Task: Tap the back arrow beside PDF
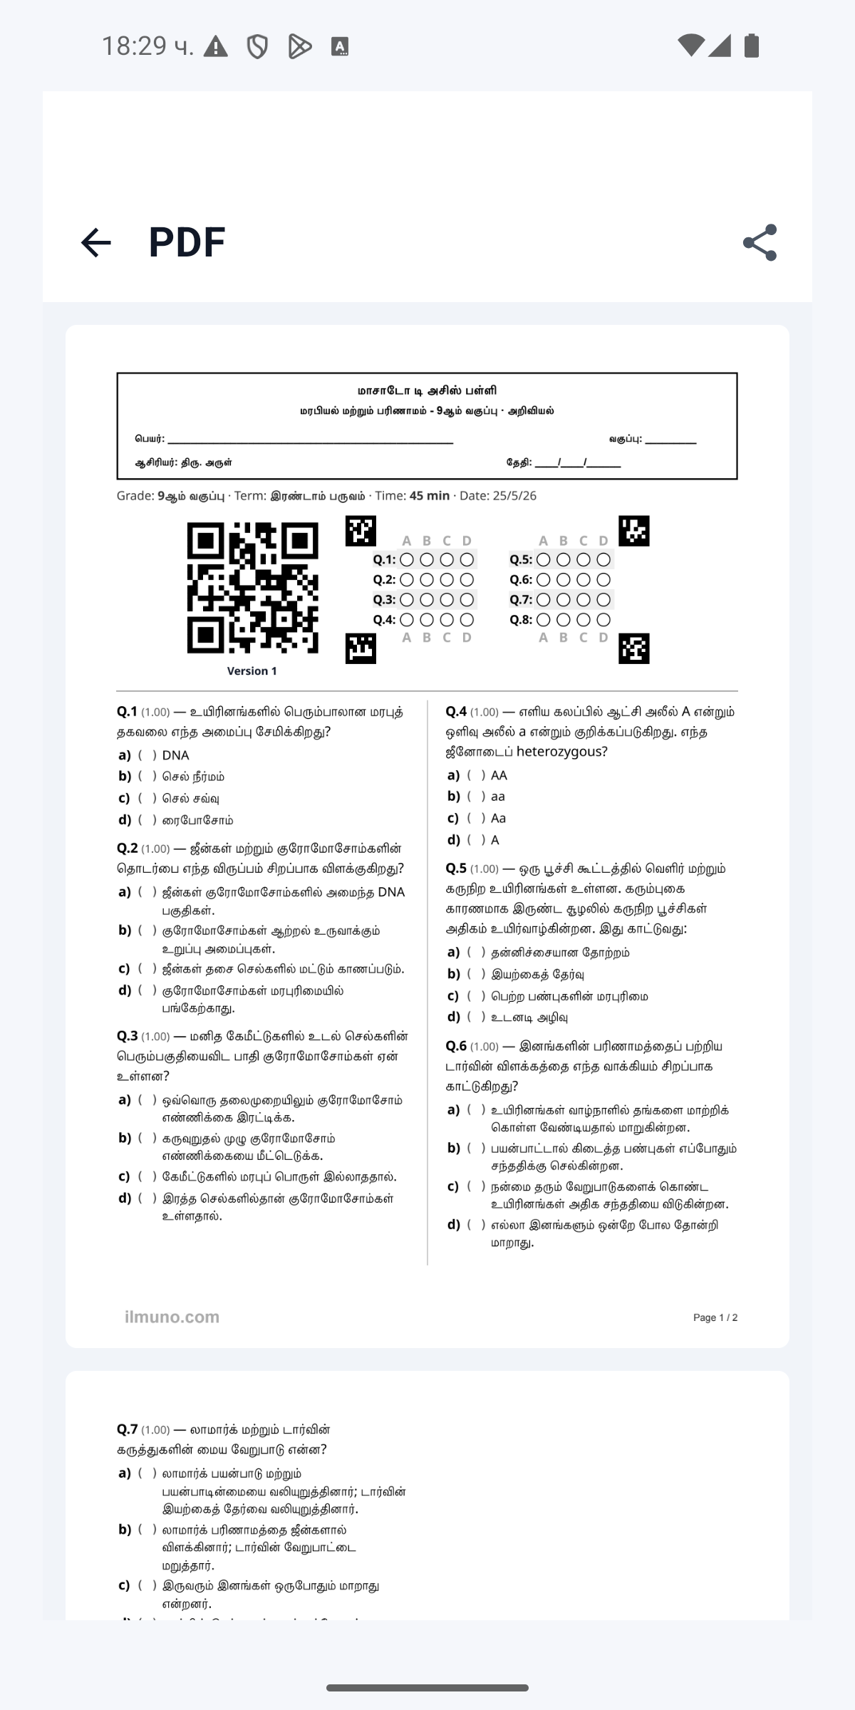96,242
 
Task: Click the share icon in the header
760,242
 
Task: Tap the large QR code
252,588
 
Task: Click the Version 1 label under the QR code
252,671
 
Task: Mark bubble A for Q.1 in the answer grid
407,560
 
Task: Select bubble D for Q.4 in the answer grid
467,620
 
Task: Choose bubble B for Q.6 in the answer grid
564,580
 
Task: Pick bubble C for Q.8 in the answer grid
584,620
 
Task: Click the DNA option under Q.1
175,755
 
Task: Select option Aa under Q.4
498,818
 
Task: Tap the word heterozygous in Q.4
561,752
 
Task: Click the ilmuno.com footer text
172,1317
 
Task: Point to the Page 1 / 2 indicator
715,1317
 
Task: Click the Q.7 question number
128,1429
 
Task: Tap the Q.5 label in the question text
456,869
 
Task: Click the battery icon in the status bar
751,46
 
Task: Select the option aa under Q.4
497,797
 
